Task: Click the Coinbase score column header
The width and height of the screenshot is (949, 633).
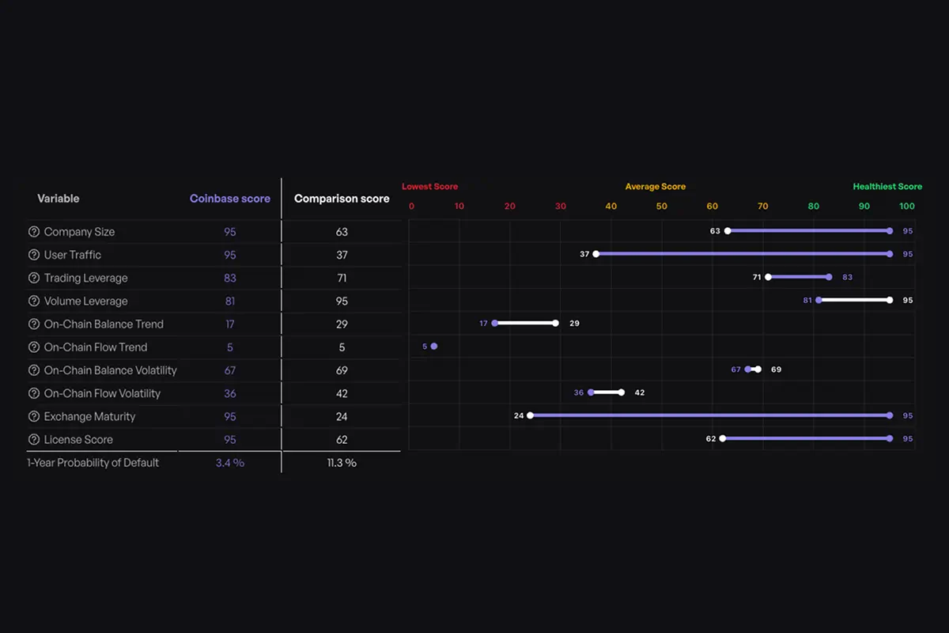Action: point(230,199)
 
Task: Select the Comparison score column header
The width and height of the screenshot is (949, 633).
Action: point(342,199)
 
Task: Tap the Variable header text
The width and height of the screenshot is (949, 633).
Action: point(59,199)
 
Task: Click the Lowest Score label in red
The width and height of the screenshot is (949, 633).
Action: point(429,187)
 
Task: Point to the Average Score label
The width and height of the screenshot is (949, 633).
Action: point(656,187)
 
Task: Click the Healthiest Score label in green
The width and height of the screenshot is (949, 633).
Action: point(887,187)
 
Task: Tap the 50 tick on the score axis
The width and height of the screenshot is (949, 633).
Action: point(661,207)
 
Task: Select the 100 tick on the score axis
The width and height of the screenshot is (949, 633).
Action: point(907,207)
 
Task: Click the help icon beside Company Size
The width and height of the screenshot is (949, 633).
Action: point(34,232)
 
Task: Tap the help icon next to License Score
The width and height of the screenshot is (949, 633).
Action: point(34,439)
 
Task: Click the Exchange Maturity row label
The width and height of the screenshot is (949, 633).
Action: point(89,416)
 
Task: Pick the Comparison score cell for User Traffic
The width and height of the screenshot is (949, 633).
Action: point(342,255)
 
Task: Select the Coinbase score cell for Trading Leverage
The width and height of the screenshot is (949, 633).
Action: point(230,278)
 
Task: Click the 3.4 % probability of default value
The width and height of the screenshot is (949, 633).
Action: point(230,462)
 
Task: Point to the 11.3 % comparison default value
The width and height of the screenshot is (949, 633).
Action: point(342,462)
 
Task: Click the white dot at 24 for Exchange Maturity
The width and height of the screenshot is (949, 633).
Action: point(530,415)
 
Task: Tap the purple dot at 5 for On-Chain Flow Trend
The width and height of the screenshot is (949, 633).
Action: point(434,346)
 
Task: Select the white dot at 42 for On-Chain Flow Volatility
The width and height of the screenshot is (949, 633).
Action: point(622,392)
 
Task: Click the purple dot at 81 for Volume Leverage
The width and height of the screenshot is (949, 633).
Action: point(819,300)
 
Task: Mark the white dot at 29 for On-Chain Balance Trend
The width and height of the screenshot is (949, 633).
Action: point(555,323)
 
